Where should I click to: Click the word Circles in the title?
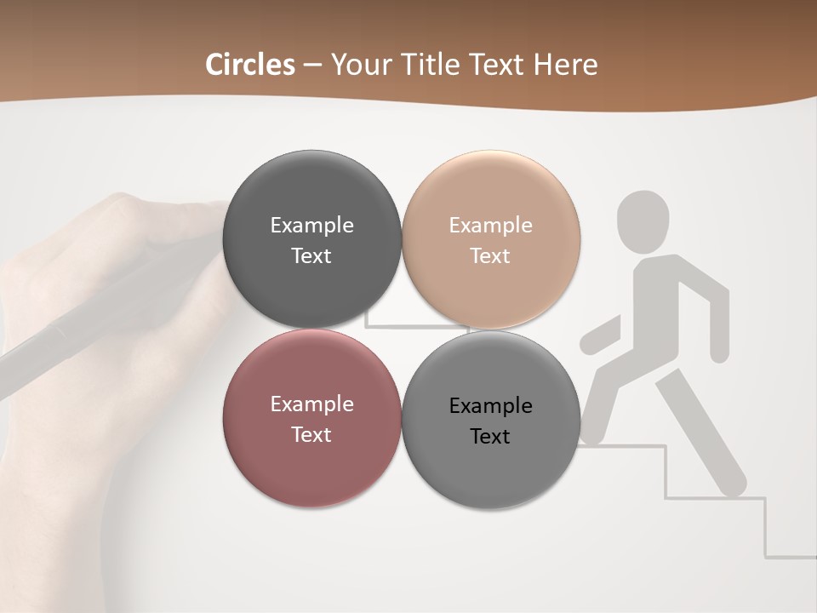250,65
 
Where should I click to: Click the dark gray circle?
311,239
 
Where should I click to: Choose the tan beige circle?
490,239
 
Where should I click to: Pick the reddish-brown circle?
311,418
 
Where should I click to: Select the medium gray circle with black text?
490,418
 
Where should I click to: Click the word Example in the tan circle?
490,226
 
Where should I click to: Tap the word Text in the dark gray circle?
311,256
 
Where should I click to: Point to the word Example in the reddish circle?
311,404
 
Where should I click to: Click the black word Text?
490,437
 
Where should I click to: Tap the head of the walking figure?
643,218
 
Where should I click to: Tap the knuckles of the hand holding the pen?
128,213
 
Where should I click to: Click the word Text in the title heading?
497,65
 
